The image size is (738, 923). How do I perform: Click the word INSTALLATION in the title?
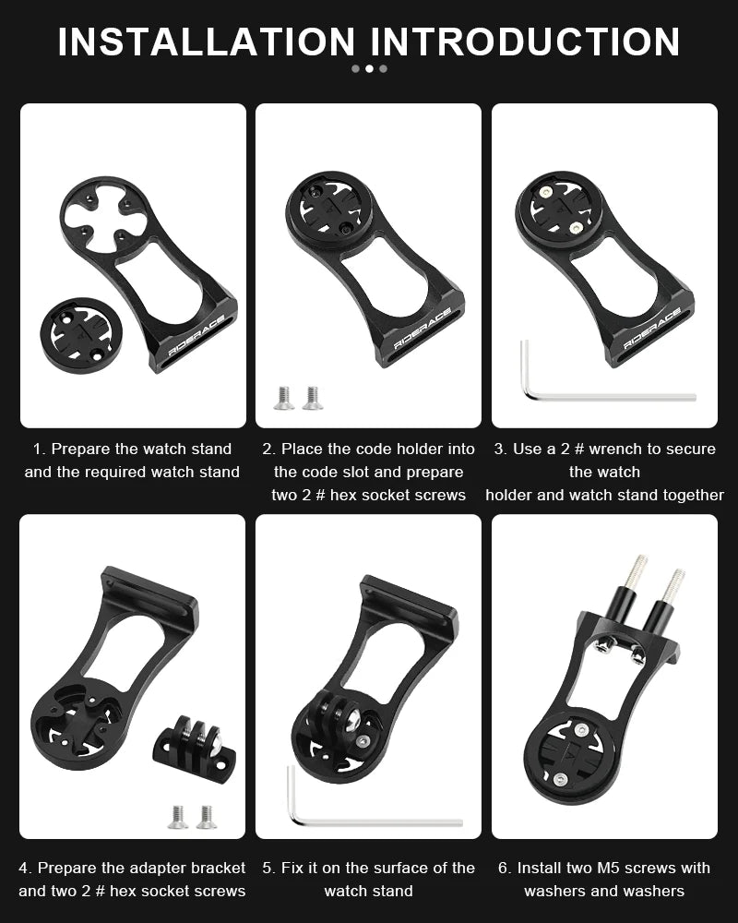(x=206, y=42)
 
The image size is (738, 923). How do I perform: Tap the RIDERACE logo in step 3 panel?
(x=653, y=327)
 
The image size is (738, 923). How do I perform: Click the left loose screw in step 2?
(x=284, y=397)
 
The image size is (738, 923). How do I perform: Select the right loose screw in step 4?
(x=207, y=816)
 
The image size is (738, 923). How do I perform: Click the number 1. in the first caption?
(x=39, y=450)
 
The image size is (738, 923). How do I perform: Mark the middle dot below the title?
(x=369, y=68)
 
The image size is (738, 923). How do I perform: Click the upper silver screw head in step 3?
(x=547, y=192)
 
